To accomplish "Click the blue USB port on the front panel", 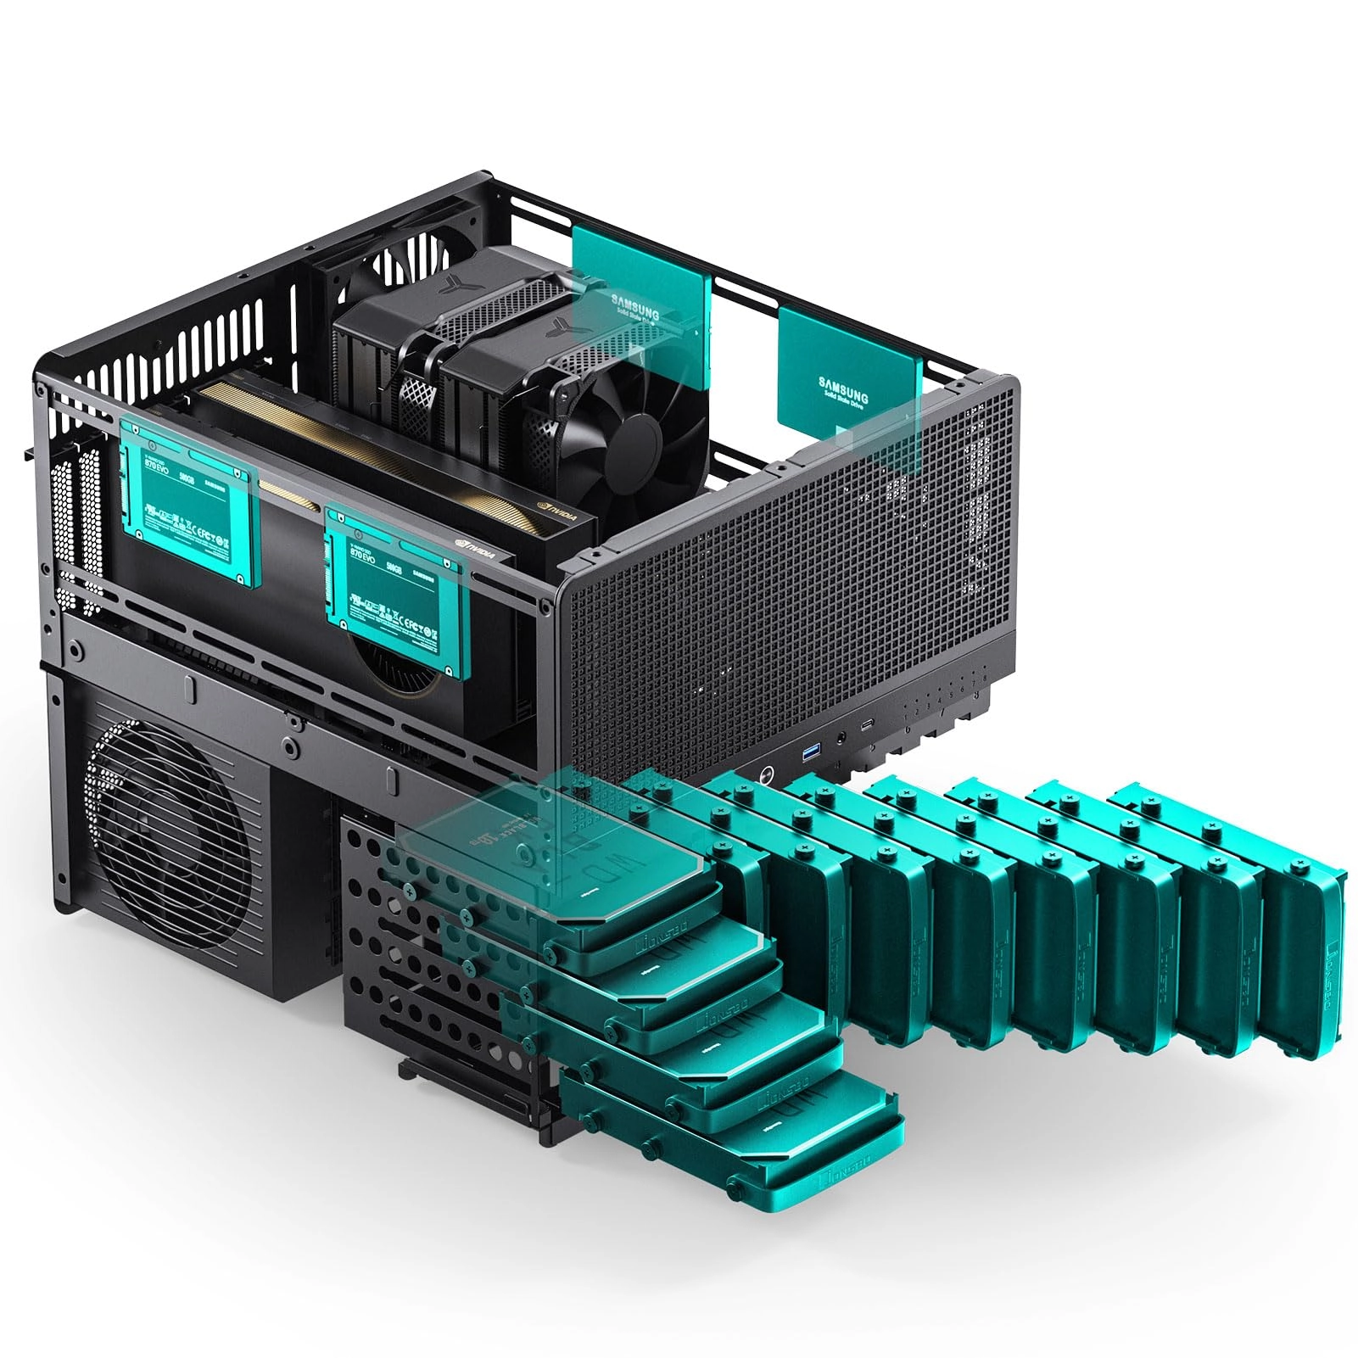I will pos(808,751).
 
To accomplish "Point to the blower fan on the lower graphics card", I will pos(399,670).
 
